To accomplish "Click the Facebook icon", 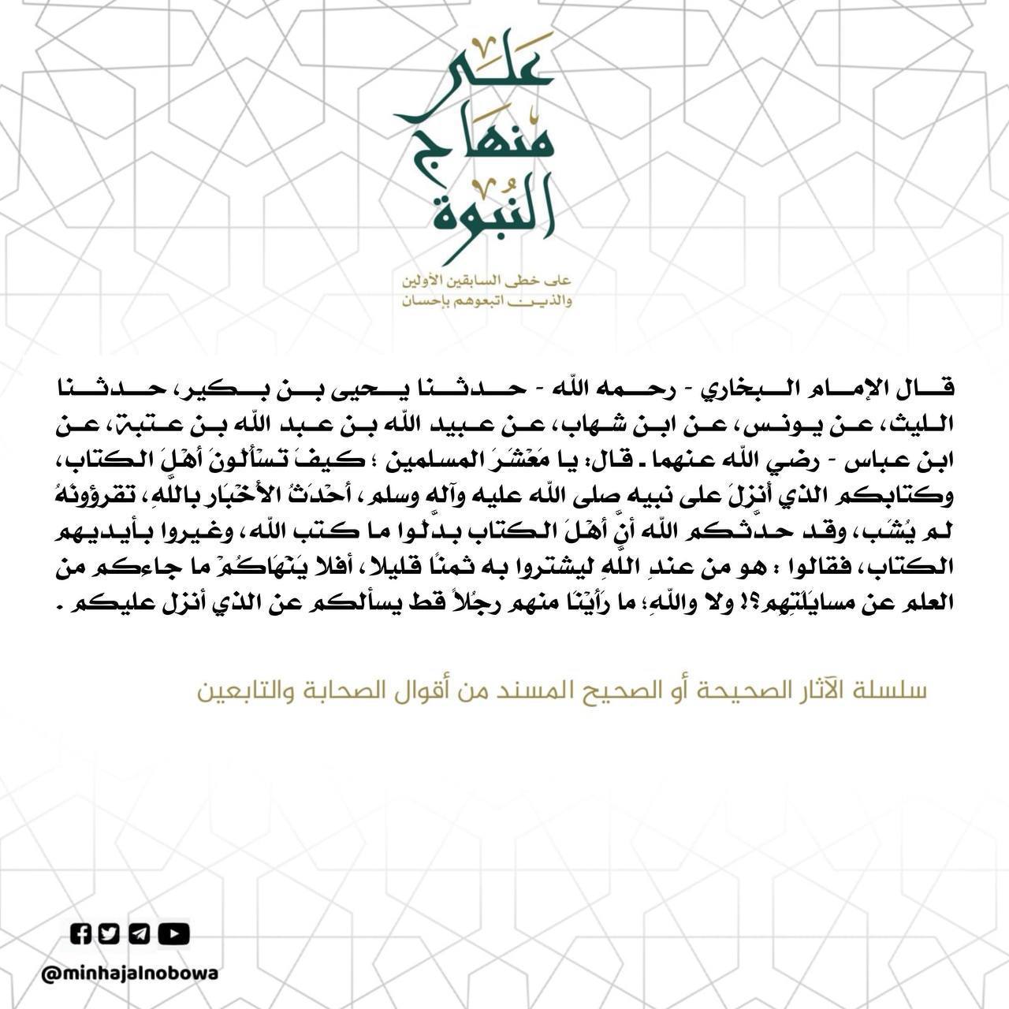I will pyautogui.click(x=81, y=933).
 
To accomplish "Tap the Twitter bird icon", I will pyautogui.click(x=110, y=933).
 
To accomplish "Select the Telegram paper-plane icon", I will pyautogui.click(x=140, y=933).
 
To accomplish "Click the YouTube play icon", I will pyautogui.click(x=173, y=933).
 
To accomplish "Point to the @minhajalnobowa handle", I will pyautogui.click(x=130, y=974).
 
